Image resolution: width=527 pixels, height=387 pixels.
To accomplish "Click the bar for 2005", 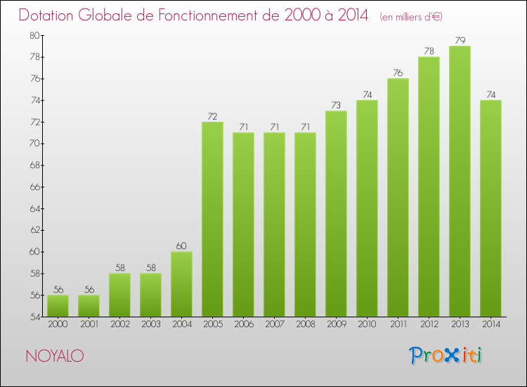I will [212, 219].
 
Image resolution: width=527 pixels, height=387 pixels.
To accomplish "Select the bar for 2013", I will [460, 181].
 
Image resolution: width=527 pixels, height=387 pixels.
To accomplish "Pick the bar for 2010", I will [367, 208].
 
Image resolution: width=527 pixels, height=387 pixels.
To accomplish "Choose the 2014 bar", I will [490, 208].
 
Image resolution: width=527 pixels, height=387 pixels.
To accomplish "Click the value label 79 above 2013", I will [460, 41].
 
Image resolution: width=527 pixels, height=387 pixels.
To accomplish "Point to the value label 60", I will [181, 246].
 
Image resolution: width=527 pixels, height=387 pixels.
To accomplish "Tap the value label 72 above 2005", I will [212, 116].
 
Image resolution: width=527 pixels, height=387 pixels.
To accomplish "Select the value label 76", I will [398, 73].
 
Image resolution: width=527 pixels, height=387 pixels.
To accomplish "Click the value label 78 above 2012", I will [429, 51].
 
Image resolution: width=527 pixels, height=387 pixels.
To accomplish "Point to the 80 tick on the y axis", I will [34, 35].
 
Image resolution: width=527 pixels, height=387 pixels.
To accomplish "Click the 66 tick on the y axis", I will [34, 187].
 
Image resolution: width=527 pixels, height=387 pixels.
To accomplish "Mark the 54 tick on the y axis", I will [34, 317].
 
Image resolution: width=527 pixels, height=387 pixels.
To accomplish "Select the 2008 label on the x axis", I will [305, 324].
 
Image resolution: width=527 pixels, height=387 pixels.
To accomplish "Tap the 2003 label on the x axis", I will [150, 324].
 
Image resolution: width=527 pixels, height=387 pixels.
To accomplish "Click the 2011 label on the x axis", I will [398, 324].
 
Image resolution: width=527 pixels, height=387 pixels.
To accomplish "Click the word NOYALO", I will [55, 357].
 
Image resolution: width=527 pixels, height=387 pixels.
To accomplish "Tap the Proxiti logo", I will [446, 355].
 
